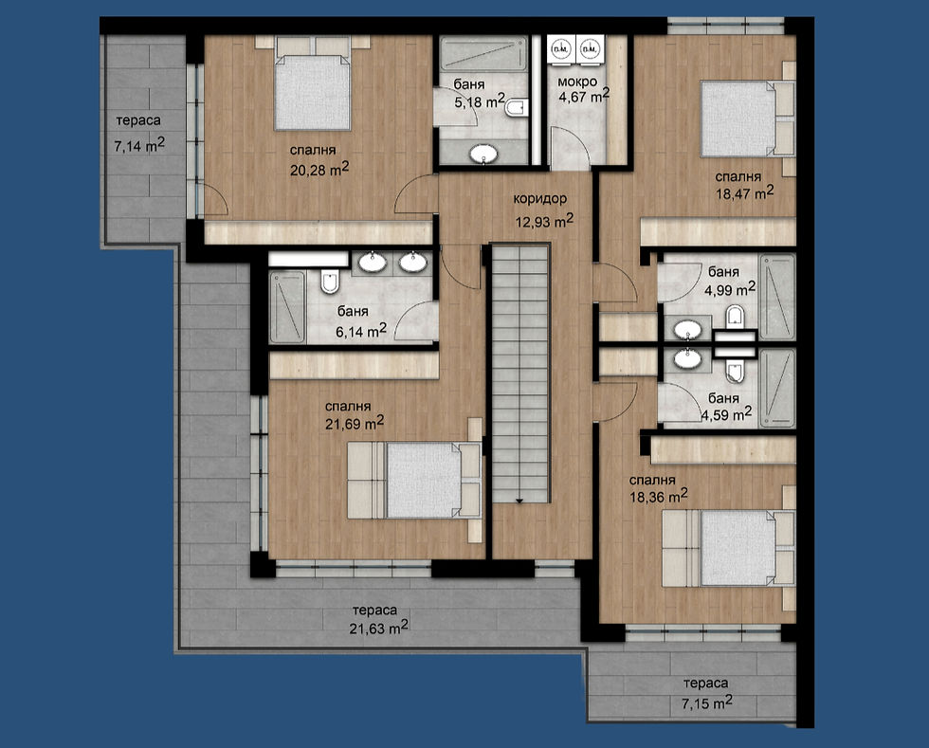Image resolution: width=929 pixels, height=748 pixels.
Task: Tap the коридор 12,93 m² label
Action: point(542,221)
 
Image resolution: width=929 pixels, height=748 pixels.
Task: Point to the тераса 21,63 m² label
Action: point(379,626)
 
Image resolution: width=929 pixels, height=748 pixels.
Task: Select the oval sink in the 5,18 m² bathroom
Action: point(485,153)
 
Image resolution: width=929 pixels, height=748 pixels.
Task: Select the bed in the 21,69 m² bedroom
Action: point(417,482)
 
